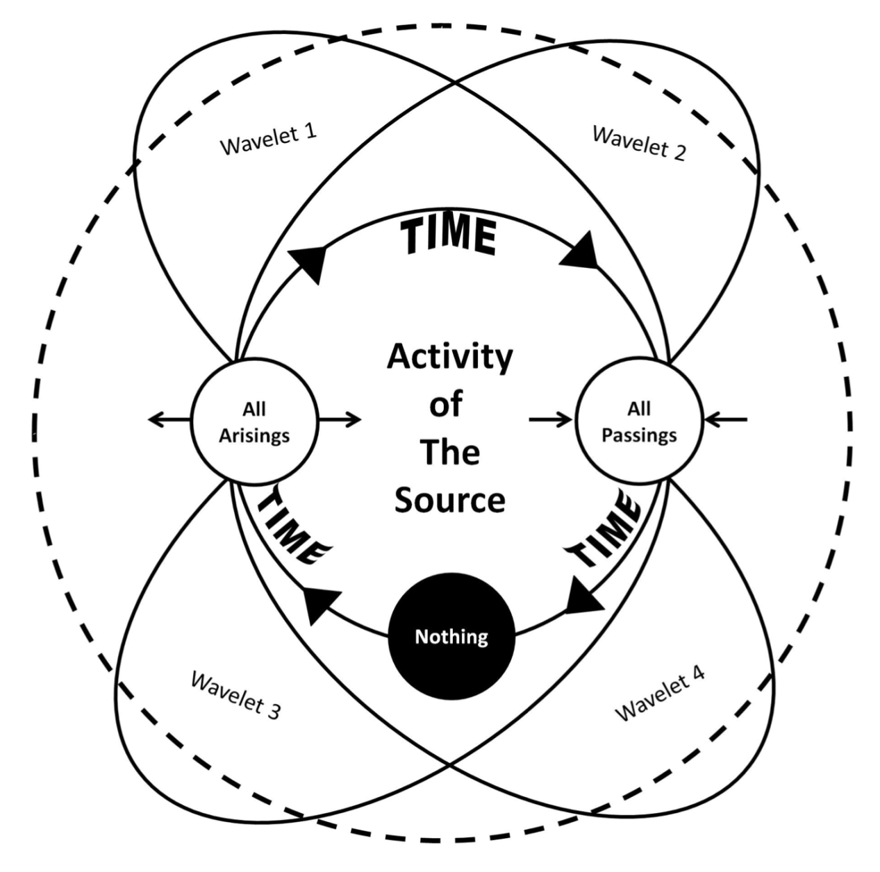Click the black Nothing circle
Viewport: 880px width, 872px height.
coord(451,636)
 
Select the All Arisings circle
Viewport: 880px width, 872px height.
coord(254,421)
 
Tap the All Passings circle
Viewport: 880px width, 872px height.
coord(639,421)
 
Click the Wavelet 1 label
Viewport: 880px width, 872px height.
coord(268,139)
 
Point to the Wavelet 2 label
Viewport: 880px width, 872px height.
coord(639,143)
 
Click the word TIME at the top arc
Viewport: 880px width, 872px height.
coord(450,235)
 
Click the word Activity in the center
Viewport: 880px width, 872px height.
coord(449,357)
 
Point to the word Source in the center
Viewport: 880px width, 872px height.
coord(449,500)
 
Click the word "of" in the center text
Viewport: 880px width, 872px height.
coord(445,404)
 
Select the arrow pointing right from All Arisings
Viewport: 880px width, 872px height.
coord(340,419)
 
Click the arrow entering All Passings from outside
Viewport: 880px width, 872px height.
coord(726,419)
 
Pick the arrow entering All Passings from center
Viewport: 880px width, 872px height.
coord(550,419)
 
